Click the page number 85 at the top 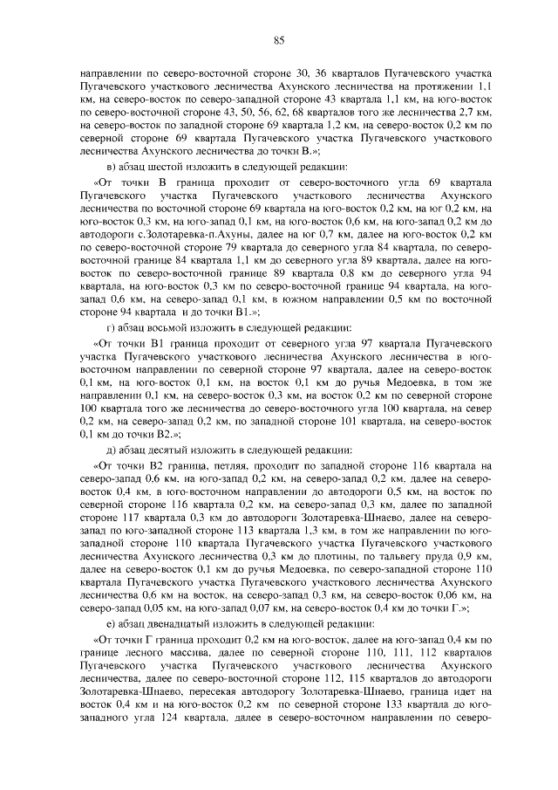(279, 39)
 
